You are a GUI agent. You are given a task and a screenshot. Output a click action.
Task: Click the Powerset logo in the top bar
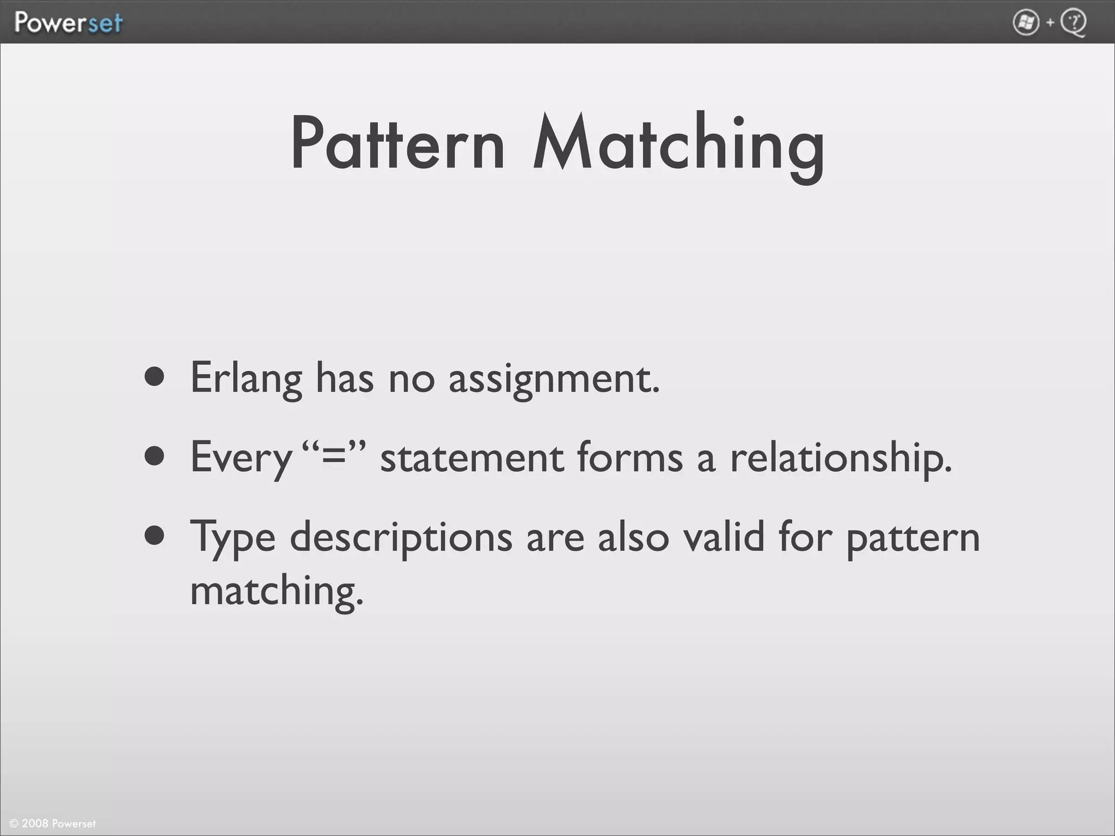click(x=69, y=23)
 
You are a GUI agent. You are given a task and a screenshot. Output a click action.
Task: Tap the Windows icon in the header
click(x=1026, y=23)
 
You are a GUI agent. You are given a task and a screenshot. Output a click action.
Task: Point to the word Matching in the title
click(x=678, y=145)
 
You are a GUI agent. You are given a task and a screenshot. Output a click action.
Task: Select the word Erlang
click(x=246, y=378)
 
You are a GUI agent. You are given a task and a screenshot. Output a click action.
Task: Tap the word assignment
click(x=554, y=379)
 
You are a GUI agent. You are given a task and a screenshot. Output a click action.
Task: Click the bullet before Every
click(x=155, y=457)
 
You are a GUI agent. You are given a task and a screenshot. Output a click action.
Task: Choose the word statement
click(x=471, y=458)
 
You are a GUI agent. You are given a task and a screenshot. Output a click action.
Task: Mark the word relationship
click(x=841, y=458)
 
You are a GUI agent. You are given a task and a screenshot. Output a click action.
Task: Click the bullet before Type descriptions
click(x=155, y=535)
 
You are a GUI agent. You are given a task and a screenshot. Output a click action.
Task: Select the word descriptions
click(x=401, y=538)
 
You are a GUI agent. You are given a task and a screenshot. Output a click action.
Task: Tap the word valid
click(x=724, y=537)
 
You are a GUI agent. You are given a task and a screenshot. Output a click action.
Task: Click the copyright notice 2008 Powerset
click(x=53, y=823)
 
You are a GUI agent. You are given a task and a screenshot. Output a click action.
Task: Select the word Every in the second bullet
click(x=241, y=458)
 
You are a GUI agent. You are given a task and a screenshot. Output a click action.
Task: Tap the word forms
click(x=629, y=457)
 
